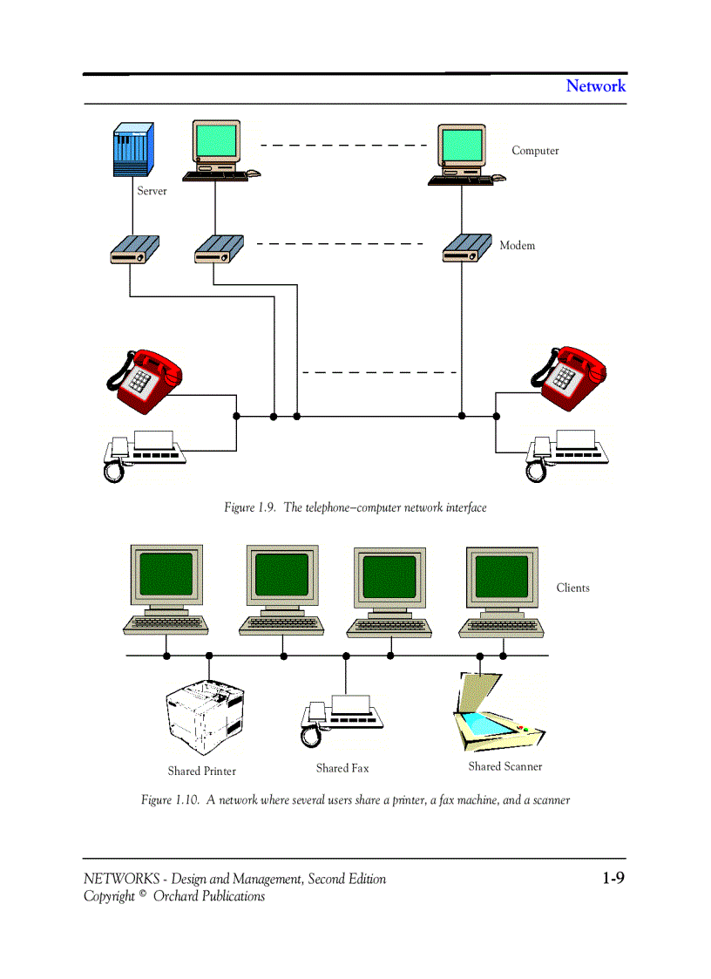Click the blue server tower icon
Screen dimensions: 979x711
pyautogui.click(x=133, y=150)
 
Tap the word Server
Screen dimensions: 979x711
pyautogui.click(x=152, y=191)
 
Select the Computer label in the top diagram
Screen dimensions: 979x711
pyautogui.click(x=535, y=151)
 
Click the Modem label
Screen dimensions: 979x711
pyautogui.click(x=517, y=246)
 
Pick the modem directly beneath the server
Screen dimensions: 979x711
pyautogui.click(x=133, y=250)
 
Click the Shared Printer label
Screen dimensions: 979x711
pyautogui.click(x=201, y=772)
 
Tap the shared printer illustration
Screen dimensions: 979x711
pyautogui.click(x=204, y=717)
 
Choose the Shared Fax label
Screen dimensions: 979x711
pyautogui.click(x=342, y=769)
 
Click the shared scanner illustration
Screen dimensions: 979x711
pyautogui.click(x=495, y=713)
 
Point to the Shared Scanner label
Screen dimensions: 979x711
pyautogui.click(x=504, y=767)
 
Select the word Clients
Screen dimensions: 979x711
pyautogui.click(x=572, y=588)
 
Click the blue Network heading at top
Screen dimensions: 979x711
pyautogui.click(x=595, y=85)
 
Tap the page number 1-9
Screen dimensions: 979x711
pyautogui.click(x=613, y=879)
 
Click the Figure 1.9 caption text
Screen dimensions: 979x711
pyautogui.click(x=355, y=508)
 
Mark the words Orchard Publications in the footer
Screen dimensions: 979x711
pyautogui.click(x=209, y=897)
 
